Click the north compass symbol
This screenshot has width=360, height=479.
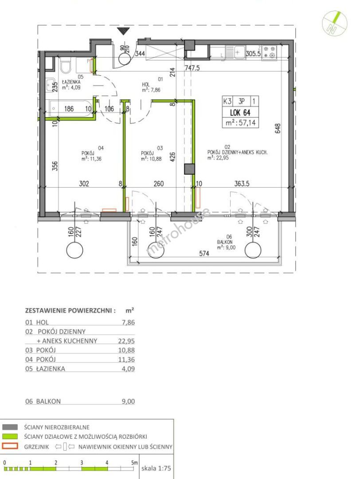[335, 22]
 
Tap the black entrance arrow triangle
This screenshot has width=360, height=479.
[124, 31]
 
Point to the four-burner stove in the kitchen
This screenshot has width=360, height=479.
[269, 52]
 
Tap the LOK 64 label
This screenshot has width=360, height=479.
[240, 112]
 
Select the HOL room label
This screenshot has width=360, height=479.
[146, 84]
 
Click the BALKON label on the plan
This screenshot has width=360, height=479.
[224, 242]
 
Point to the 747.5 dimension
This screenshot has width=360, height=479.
[192, 67]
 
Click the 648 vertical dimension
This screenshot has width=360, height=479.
[277, 128]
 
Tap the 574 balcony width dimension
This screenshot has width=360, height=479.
[204, 253]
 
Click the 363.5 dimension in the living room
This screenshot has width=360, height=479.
[242, 183]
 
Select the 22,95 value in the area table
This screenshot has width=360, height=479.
[126, 341]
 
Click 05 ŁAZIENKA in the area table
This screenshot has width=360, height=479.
[45, 369]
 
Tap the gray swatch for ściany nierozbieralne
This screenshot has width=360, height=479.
[10, 427]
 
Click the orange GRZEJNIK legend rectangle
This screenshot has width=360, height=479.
[10, 446]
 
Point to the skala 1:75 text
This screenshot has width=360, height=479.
[156, 468]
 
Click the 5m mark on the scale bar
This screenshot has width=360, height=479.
[135, 463]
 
